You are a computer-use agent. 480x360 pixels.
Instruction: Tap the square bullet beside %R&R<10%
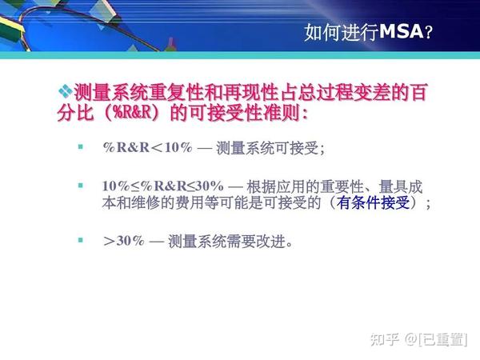pos(80,147)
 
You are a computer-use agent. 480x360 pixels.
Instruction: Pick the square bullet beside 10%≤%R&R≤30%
pos(80,185)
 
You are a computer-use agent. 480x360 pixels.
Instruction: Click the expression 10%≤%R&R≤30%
pos(162,186)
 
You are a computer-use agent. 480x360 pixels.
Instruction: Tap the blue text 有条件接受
pos(375,203)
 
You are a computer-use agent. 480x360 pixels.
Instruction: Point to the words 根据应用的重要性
pos(303,186)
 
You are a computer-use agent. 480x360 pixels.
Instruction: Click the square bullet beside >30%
pos(80,239)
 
